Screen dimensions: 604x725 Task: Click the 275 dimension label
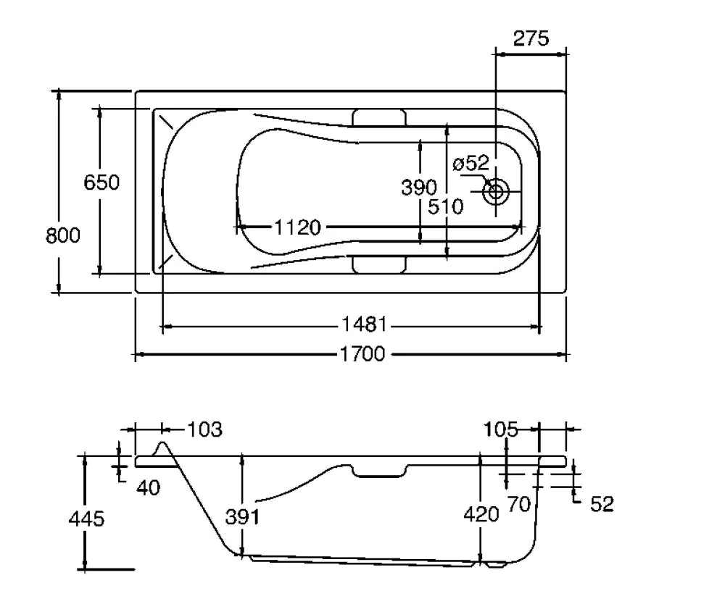tap(531, 38)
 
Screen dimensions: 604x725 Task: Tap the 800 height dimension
tap(63, 235)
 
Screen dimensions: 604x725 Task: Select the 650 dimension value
tap(101, 182)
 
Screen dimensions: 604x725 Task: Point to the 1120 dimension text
tap(297, 227)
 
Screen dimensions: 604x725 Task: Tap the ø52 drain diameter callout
tap(471, 164)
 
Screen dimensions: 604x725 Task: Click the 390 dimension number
tap(419, 188)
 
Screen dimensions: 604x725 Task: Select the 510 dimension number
tap(445, 207)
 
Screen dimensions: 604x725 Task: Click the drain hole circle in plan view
tap(497, 192)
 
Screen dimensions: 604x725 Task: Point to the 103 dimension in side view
tap(204, 429)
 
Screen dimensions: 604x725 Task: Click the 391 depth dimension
tap(242, 517)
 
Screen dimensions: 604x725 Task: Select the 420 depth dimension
tap(481, 514)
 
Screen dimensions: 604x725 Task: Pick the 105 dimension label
tap(502, 430)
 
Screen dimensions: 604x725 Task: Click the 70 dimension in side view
tap(519, 503)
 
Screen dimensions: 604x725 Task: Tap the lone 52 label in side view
tap(602, 504)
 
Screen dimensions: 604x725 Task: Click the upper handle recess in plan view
tap(379, 117)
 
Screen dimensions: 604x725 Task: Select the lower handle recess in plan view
tap(379, 264)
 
